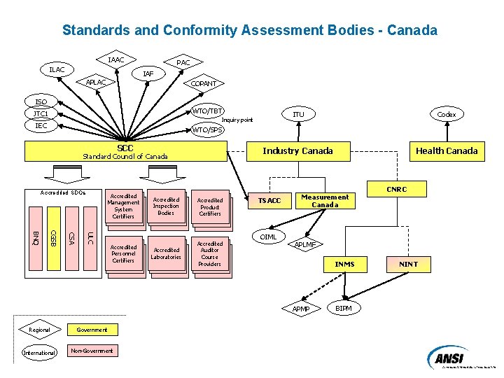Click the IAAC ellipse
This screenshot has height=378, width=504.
pyautogui.click(x=116, y=60)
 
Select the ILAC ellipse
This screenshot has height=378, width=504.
pyautogui.click(x=57, y=70)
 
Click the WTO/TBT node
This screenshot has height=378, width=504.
pyautogui.click(x=208, y=111)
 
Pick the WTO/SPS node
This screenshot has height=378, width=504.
pyautogui.click(x=208, y=129)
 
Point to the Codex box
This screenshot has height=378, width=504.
pyautogui.click(x=446, y=114)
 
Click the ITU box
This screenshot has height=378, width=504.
pyautogui.click(x=299, y=114)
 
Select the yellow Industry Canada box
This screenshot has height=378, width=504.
pyautogui.click(x=297, y=151)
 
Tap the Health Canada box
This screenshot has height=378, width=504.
pyautogui.click(x=447, y=151)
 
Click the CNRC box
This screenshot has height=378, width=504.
pyautogui.click(x=397, y=189)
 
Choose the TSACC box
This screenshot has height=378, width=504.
pyautogui.click(x=269, y=201)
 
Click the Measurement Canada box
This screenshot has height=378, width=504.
pyautogui.click(x=325, y=201)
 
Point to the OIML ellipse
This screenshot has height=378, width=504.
pyautogui.click(x=268, y=237)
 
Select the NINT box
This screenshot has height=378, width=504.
pyautogui.click(x=409, y=265)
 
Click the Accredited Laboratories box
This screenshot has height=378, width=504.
pyautogui.click(x=167, y=253)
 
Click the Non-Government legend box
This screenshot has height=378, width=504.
pyautogui.click(x=92, y=350)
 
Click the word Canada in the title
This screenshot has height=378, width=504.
pyautogui.click(x=414, y=31)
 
